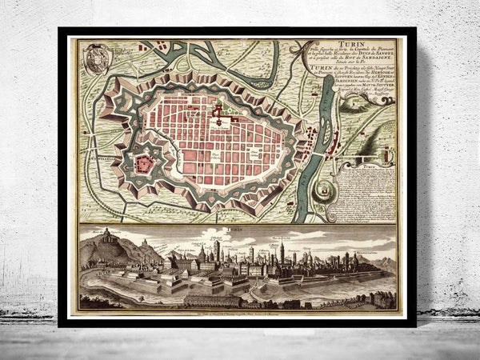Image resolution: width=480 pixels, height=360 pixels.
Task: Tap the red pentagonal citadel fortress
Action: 144,164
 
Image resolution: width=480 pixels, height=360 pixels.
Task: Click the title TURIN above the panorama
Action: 237,230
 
